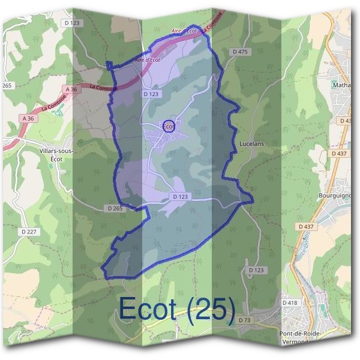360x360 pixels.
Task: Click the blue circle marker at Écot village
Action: (169, 125)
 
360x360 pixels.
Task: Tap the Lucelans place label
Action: (251, 144)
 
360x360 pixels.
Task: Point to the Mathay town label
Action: (343, 85)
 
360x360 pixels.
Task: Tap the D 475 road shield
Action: (239, 52)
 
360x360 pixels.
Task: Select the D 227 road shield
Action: (28, 231)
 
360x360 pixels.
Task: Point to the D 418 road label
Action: (289, 303)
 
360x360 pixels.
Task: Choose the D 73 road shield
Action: (244, 320)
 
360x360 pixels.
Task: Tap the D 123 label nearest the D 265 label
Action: (181, 196)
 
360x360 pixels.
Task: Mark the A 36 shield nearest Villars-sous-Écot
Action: (28, 119)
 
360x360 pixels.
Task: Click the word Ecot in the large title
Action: (147, 308)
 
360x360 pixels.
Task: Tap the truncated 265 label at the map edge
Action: (7, 86)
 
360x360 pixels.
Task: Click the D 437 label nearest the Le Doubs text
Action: (306, 226)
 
